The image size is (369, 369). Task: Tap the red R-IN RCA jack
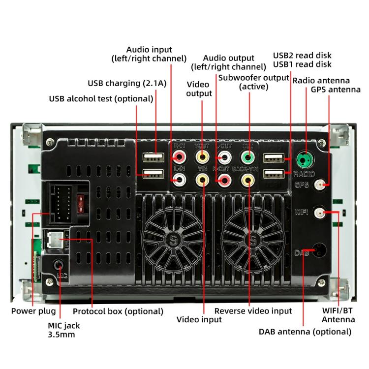tap(180, 158)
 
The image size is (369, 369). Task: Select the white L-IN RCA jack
tap(180, 180)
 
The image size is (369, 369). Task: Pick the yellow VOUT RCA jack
tap(202, 158)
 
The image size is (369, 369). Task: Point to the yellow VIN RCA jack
tap(202, 180)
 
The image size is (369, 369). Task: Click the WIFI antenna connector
tap(320, 213)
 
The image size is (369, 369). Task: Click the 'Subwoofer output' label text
tap(253, 78)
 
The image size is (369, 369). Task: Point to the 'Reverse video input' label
tap(253, 311)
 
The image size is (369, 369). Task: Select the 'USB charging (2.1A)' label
tap(127, 83)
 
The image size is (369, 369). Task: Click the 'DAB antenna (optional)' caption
tap(305, 332)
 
